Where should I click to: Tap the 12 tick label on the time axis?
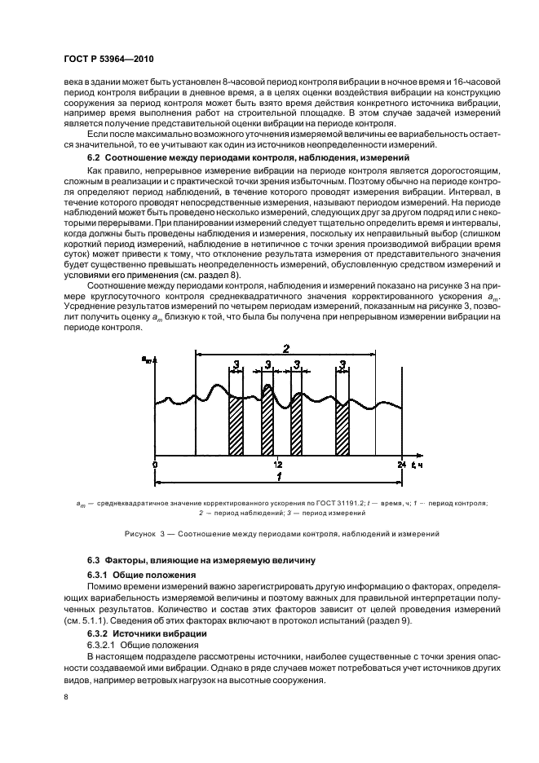pyautogui.click(x=278, y=464)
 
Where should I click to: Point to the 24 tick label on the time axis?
pyautogui.click(x=401, y=464)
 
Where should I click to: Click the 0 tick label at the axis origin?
pyautogui.click(x=155, y=464)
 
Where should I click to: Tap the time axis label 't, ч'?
pyautogui.click(x=416, y=464)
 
